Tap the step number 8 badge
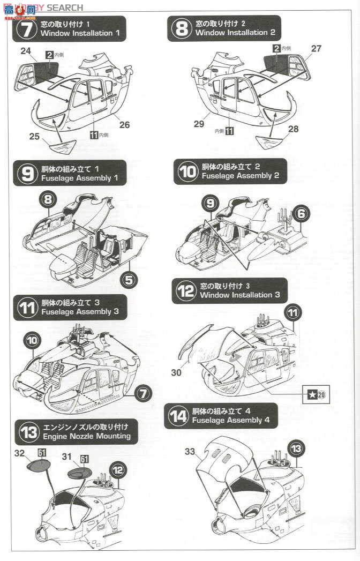click(181, 28)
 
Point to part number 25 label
click(34, 137)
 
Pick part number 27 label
click(316, 49)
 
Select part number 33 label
click(190, 451)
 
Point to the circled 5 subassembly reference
click(127, 279)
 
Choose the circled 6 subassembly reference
click(302, 213)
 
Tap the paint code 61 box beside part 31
click(85, 459)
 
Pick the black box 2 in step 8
click(276, 49)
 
